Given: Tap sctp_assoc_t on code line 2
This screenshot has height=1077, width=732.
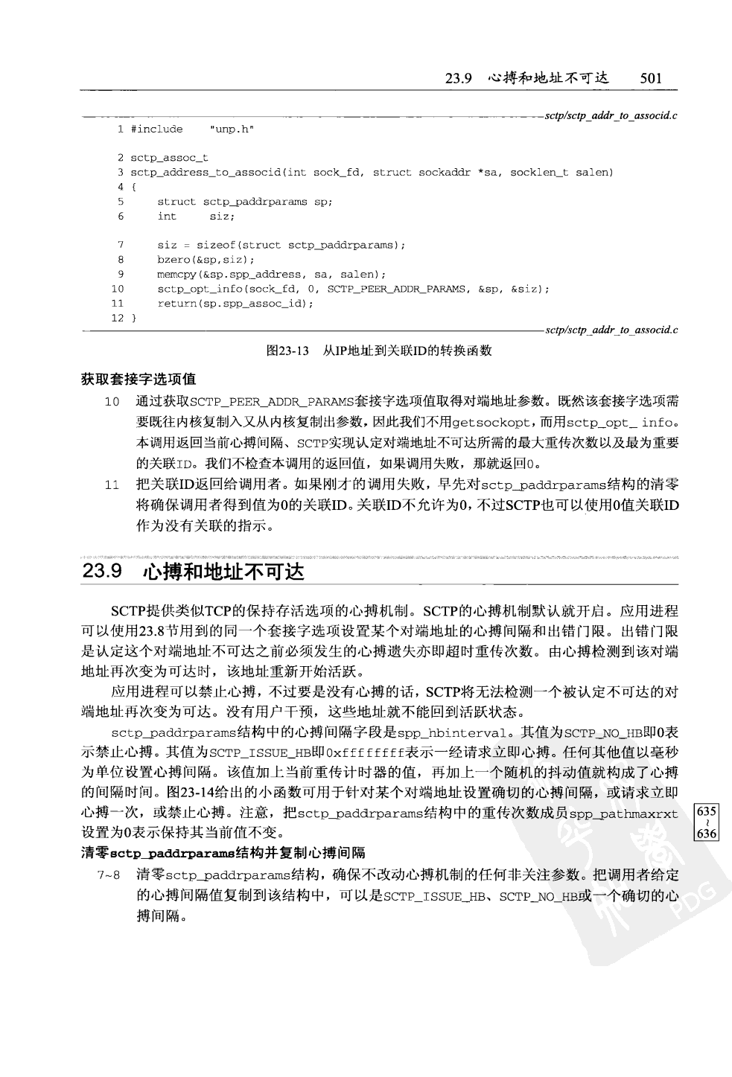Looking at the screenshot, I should tap(169, 158).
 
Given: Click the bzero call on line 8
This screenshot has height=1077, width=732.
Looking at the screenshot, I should tap(206, 260).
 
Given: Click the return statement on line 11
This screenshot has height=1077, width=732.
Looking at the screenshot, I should tap(235, 304).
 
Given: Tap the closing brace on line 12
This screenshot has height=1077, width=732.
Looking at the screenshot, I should tap(134, 318).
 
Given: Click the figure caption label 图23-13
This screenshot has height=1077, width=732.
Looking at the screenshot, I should tap(287, 350).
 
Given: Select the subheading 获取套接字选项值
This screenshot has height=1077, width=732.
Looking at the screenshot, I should tap(139, 380).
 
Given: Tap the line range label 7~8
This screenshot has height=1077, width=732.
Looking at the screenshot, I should tap(109, 875).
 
